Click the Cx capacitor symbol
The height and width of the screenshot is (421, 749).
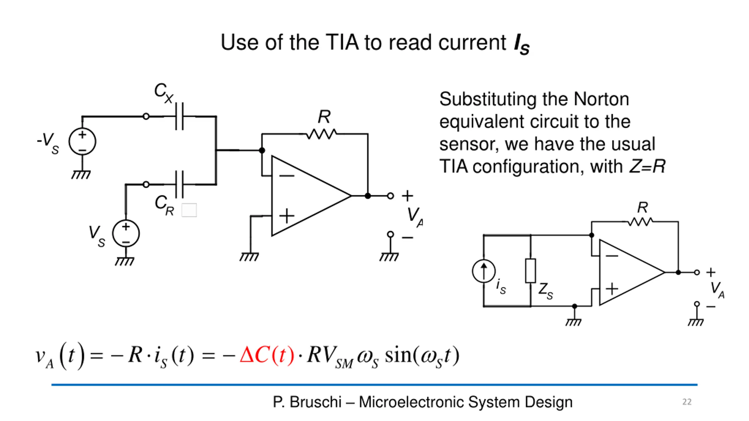coord(179,116)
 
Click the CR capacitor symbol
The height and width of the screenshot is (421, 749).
coord(179,184)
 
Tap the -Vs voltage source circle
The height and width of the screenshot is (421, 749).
coord(82,142)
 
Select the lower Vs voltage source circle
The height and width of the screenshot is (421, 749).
coord(126,234)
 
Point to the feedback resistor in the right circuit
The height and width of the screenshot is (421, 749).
coord(640,222)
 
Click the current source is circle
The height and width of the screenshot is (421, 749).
coord(484,271)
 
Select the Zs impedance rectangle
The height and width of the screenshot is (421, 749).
coord(530,271)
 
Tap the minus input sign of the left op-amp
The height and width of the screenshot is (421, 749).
coord(287,176)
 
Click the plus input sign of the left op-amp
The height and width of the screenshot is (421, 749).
coord(287,216)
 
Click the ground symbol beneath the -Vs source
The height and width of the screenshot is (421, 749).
coord(81,175)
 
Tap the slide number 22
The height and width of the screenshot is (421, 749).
coord(687,402)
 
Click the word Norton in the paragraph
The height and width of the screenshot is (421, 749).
coord(601,99)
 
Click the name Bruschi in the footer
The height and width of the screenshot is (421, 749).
coord(315,402)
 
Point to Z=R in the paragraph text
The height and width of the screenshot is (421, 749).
coord(647,166)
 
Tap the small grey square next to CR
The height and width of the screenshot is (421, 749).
coord(189,210)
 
